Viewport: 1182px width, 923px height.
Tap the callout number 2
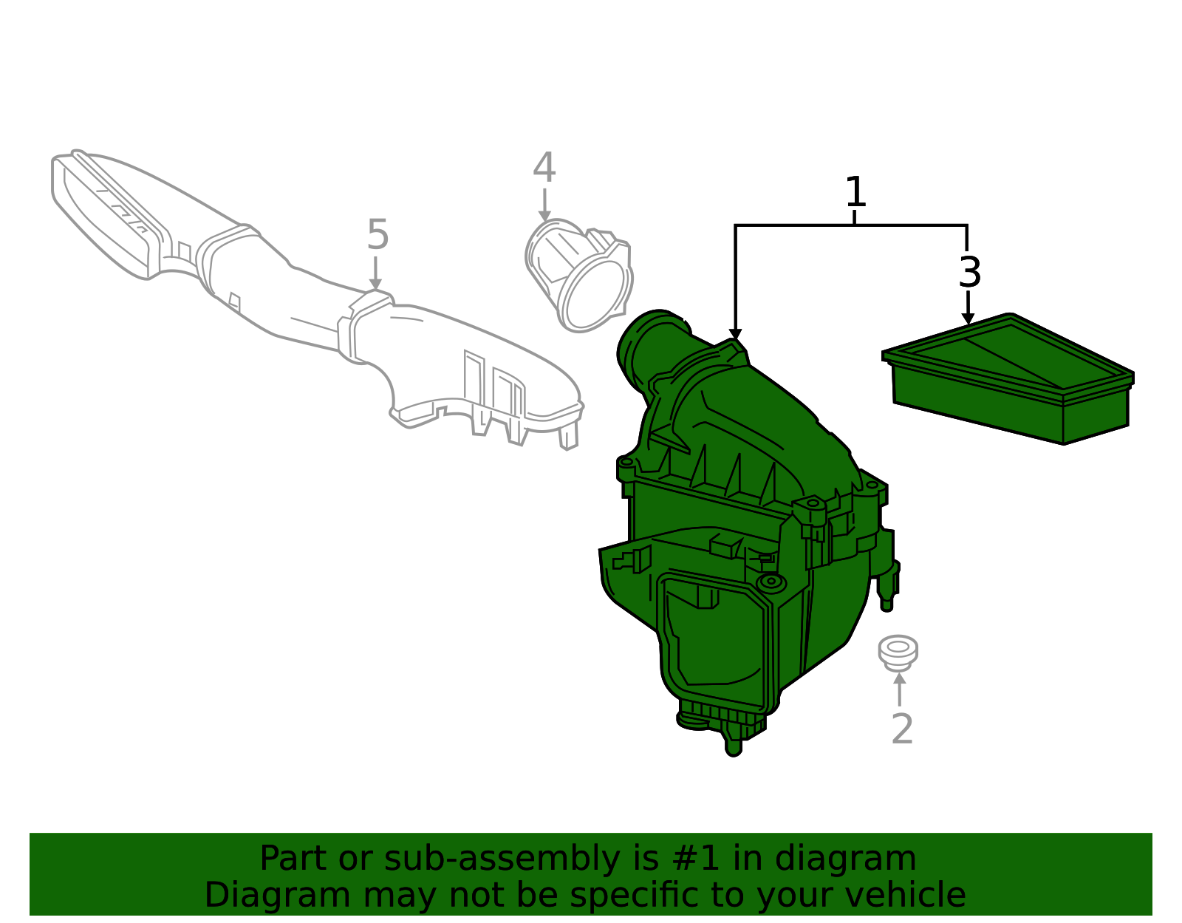(903, 729)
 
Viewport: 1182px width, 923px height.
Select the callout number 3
(970, 272)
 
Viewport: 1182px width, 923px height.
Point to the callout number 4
(544, 168)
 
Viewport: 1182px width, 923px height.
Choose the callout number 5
(378, 234)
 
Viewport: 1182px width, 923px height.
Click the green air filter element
(1008, 378)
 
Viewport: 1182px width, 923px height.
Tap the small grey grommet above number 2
(898, 653)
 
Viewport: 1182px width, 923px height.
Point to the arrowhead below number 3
(968, 319)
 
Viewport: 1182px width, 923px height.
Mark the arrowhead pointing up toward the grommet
(901, 679)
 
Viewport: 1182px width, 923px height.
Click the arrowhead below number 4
(544, 216)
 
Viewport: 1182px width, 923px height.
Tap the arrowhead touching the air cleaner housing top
(735, 335)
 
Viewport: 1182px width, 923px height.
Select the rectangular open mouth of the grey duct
(103, 217)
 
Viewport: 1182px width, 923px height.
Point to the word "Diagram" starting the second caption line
(277, 895)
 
